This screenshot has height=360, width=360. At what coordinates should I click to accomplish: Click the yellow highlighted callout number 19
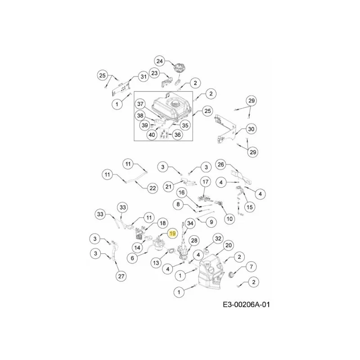pyautogui.click(x=172, y=234)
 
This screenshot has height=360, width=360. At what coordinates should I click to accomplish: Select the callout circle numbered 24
pyautogui.click(x=160, y=61)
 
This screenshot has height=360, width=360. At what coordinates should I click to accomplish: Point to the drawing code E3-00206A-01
pyautogui.click(x=246, y=305)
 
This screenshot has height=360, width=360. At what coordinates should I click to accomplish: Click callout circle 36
pyautogui.click(x=178, y=135)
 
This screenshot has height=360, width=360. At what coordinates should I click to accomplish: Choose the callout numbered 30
pyautogui.click(x=251, y=129)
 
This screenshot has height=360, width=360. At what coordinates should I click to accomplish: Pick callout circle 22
pyautogui.click(x=153, y=188)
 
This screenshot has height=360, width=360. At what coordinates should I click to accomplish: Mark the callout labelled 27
pyautogui.click(x=121, y=276)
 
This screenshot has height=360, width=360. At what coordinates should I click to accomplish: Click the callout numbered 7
pyautogui.click(x=252, y=267)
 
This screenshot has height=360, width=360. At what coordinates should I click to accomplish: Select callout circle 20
pyautogui.click(x=229, y=245)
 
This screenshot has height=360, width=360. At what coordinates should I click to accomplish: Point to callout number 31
pyautogui.click(x=144, y=76)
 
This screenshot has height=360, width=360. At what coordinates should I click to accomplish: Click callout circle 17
pyautogui.click(x=206, y=182)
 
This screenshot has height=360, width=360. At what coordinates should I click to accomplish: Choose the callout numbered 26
pyautogui.click(x=220, y=164)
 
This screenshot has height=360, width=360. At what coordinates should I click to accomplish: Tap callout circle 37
pyautogui.click(x=140, y=104)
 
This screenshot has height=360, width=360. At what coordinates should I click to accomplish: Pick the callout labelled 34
pyautogui.click(x=190, y=223)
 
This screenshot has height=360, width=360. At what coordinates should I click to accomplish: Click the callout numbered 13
pyautogui.click(x=156, y=263)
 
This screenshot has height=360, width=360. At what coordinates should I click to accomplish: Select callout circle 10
pyautogui.click(x=229, y=219)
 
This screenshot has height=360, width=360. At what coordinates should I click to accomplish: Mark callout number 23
pyautogui.click(x=155, y=73)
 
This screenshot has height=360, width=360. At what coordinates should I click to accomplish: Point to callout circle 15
pyautogui.click(x=250, y=207)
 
